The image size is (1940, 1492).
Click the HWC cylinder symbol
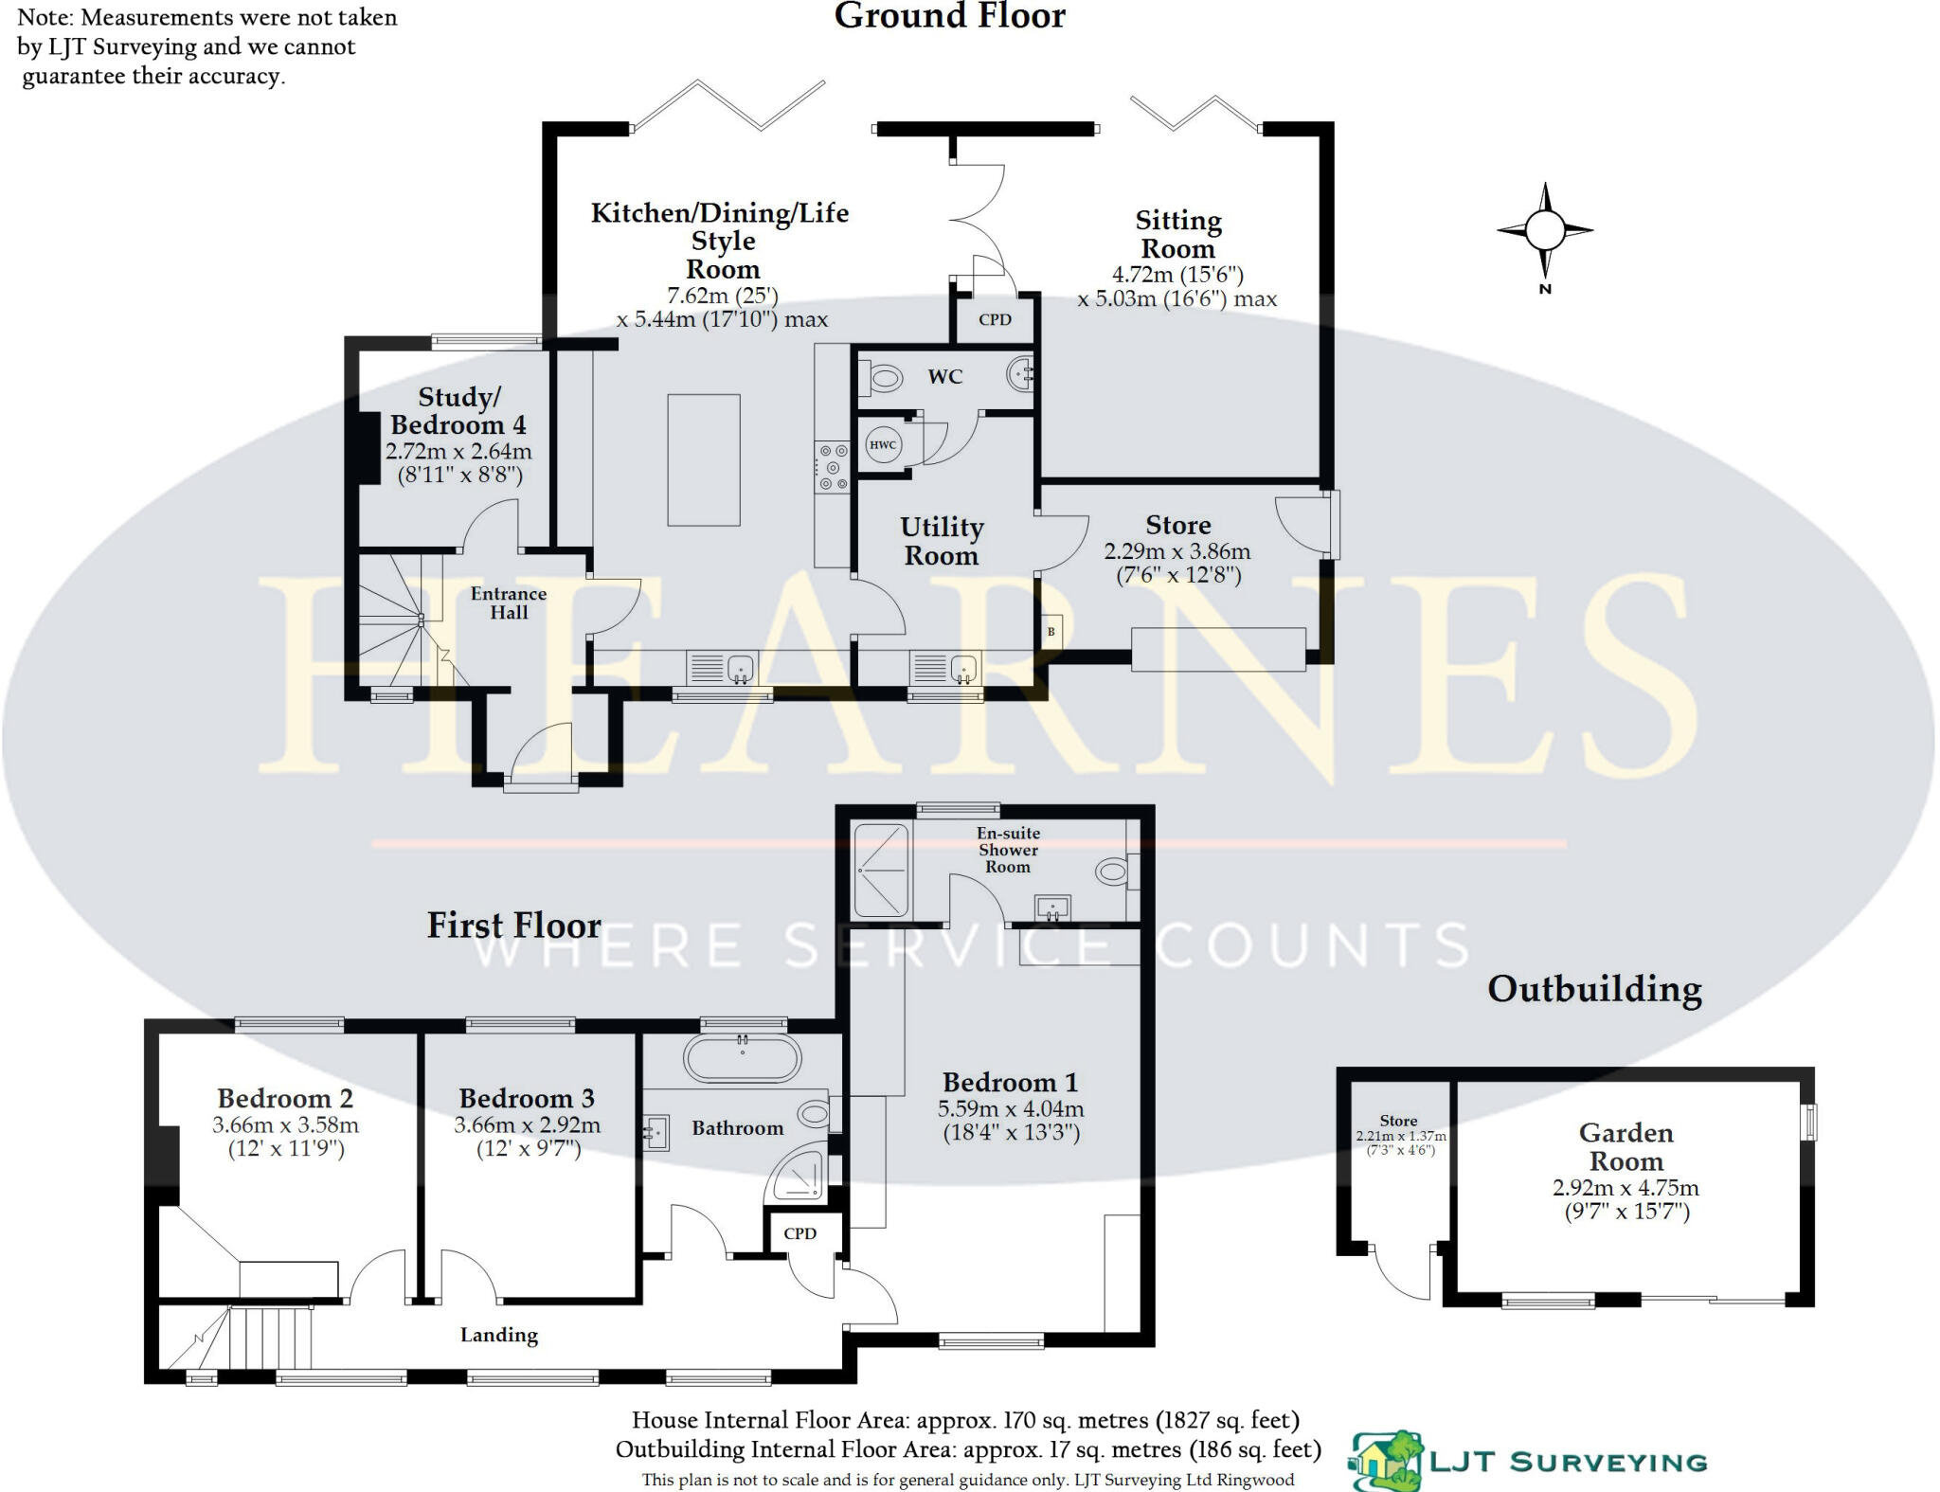[x=883, y=445]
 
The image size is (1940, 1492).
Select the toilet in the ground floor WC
[x=880, y=379]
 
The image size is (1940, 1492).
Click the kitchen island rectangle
[x=704, y=459]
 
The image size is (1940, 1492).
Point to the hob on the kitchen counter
[x=833, y=468]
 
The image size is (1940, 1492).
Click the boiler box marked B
[x=1051, y=632]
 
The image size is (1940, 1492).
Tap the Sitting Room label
[x=1178, y=234]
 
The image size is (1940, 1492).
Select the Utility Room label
[x=942, y=541]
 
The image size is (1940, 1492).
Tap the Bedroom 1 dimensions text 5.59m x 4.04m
[x=1011, y=1108]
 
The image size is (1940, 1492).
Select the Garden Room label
[x=1626, y=1146]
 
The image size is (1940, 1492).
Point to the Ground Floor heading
[x=950, y=16]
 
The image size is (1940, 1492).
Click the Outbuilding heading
[x=1594, y=989]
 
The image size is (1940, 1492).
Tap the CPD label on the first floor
[x=799, y=1233]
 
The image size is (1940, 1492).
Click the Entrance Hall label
[x=509, y=602]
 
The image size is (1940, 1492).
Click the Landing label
[x=499, y=1335]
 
